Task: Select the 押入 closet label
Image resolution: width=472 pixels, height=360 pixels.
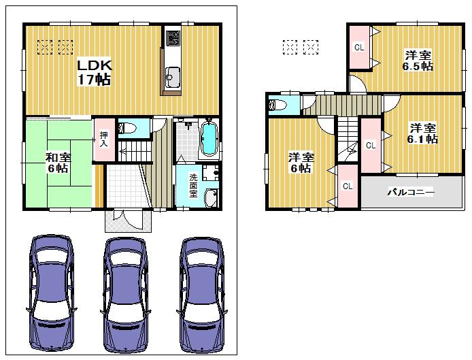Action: [104, 140]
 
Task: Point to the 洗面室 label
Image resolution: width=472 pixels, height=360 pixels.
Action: [193, 185]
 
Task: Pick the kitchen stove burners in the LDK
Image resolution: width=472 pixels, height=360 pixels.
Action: [172, 37]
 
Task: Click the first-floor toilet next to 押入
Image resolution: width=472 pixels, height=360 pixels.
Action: [127, 127]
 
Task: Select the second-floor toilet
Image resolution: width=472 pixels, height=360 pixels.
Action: [277, 105]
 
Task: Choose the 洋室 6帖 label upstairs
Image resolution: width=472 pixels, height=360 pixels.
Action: [299, 161]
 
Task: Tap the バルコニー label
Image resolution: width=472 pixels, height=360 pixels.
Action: [411, 193]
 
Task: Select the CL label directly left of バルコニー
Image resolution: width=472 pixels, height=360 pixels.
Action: [347, 186]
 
